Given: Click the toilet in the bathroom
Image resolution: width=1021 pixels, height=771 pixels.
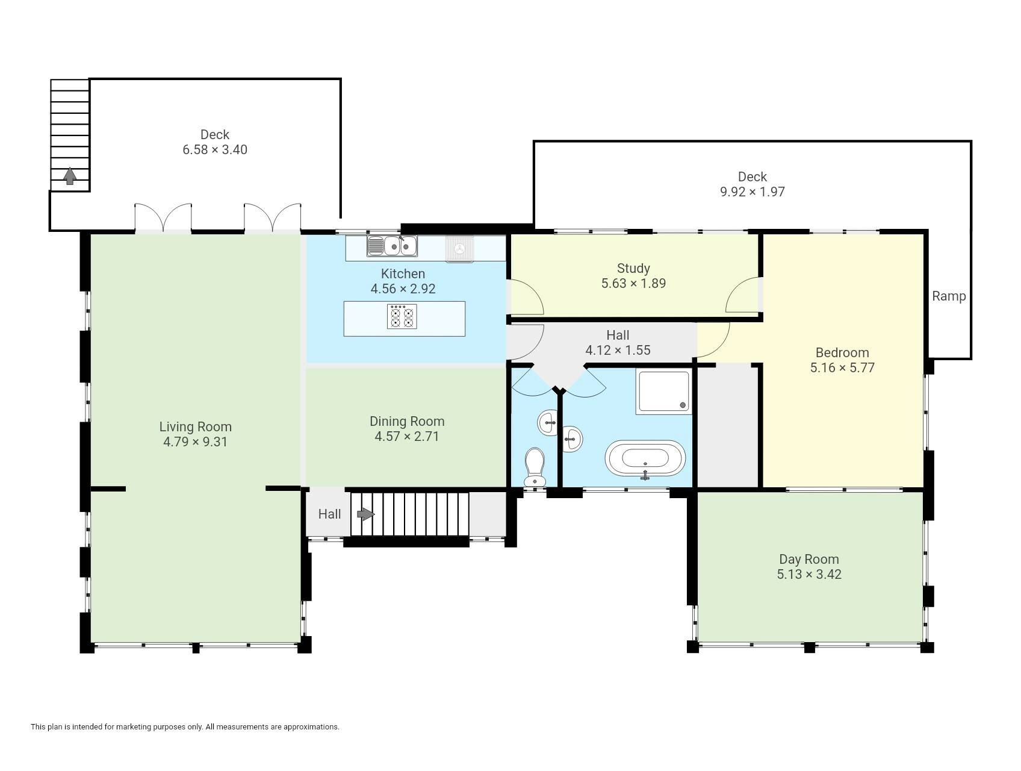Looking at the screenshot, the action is [535, 467].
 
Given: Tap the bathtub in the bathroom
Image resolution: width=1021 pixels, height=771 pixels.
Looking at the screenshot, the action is [645, 458].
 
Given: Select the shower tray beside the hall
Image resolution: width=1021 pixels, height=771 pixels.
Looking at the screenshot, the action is [663, 392].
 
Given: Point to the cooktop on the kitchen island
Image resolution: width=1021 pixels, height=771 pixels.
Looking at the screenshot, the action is [402, 316].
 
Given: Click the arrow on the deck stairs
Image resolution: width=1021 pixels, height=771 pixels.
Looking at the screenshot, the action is [70, 176].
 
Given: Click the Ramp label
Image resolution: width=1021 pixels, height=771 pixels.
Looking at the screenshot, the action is [949, 296].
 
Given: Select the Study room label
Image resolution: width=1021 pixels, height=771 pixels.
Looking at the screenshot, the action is [633, 268].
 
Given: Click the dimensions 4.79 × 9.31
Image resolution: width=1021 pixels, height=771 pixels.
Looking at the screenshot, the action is [195, 442].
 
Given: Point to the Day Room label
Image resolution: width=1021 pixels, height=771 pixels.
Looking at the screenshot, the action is [809, 559].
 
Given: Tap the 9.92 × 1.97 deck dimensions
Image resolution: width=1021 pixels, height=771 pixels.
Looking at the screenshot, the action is [753, 192].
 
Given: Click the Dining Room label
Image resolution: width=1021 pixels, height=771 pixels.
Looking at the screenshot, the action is [407, 421].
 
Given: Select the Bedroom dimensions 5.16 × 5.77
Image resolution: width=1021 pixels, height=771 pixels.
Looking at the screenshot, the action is [842, 367].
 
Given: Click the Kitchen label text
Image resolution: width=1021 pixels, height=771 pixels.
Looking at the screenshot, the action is [403, 273].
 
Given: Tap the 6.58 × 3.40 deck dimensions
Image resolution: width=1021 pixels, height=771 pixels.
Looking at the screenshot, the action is [215, 149].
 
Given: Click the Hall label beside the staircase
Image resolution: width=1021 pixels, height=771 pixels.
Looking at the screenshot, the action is [329, 514].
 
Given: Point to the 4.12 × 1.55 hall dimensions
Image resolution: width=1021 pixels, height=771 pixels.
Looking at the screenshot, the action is [618, 350].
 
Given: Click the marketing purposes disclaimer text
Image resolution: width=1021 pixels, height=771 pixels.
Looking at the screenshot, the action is [185, 727].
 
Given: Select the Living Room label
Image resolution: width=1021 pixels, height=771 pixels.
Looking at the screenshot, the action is [195, 426].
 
